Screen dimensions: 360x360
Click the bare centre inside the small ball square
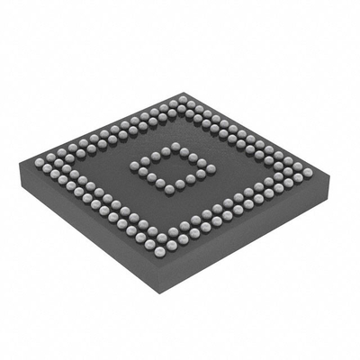(172, 167)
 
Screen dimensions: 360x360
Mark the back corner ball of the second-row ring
(182, 110)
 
